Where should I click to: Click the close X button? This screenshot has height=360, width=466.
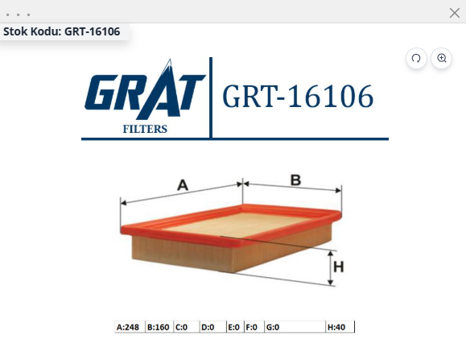455,13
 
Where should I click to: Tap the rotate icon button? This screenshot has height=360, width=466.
416,58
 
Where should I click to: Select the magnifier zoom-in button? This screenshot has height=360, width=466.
442,58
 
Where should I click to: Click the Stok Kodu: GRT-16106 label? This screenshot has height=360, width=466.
61,31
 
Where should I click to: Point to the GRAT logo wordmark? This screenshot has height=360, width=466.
145,89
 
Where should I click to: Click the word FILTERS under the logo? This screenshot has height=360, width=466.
145,129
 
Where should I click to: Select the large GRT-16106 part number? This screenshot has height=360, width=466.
298,96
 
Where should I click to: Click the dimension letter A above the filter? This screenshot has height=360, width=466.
183,185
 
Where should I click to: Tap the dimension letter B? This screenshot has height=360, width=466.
295,180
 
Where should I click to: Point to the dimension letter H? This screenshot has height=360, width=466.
339,267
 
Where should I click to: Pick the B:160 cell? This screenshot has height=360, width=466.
159,327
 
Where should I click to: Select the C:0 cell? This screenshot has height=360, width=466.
187,327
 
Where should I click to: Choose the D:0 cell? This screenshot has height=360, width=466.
212,327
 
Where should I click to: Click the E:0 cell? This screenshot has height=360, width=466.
235,327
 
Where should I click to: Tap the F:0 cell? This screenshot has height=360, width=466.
254,327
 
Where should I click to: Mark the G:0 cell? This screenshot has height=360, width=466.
295,327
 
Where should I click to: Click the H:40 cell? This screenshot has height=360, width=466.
340,327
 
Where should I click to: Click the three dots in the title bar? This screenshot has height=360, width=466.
19,14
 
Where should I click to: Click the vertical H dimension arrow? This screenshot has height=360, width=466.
330,268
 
